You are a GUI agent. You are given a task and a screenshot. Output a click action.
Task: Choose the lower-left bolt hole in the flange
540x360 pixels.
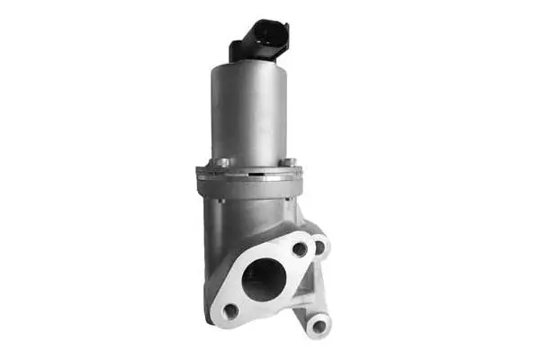pos(230,310)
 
